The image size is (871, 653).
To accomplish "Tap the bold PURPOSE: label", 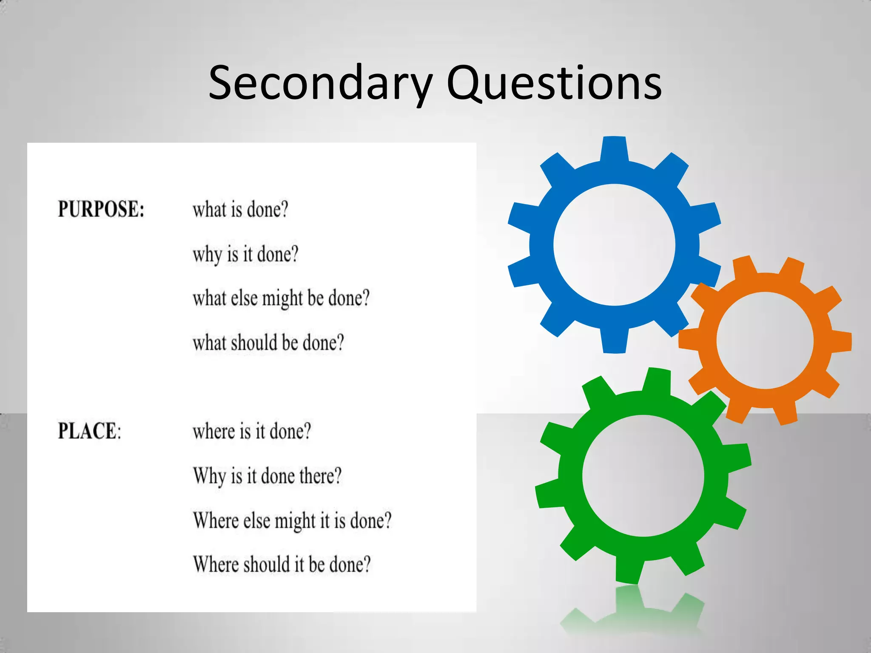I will pyautogui.click(x=101, y=209).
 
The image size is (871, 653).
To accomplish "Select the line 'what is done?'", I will pyautogui.click(x=240, y=210).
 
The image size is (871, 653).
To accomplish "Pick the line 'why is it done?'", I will pyautogui.click(x=245, y=254).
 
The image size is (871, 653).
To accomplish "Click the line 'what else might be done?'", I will pyautogui.click(x=281, y=298).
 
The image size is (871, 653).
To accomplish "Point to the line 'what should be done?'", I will pyautogui.click(x=268, y=343).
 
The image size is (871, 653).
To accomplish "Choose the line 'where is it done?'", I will pyautogui.click(x=252, y=431).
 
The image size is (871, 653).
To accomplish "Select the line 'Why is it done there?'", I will pyautogui.click(x=267, y=476).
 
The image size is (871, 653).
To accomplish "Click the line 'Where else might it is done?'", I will pyautogui.click(x=292, y=520).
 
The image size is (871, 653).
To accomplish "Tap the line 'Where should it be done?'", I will pyautogui.click(x=282, y=565).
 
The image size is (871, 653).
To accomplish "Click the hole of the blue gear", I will pyautogui.click(x=614, y=245).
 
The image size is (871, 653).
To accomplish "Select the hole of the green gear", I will pyautogui.click(x=643, y=476).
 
